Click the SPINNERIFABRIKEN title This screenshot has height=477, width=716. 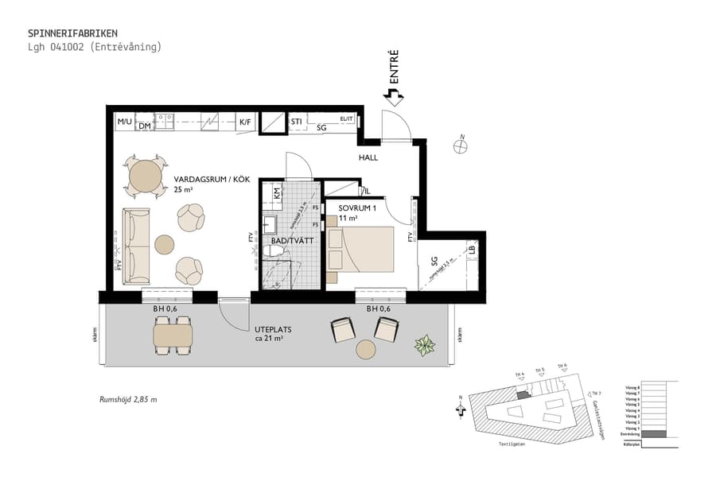(x=73, y=33)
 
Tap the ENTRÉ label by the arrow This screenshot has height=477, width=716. (x=393, y=68)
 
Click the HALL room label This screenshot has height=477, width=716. (x=368, y=158)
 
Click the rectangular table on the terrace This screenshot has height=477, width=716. (x=173, y=336)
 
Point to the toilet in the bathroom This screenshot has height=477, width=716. (x=274, y=251)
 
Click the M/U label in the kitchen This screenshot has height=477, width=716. (x=124, y=122)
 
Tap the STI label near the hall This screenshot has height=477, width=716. (x=296, y=122)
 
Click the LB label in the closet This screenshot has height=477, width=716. (x=472, y=250)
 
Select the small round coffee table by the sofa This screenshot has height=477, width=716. (x=165, y=243)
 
